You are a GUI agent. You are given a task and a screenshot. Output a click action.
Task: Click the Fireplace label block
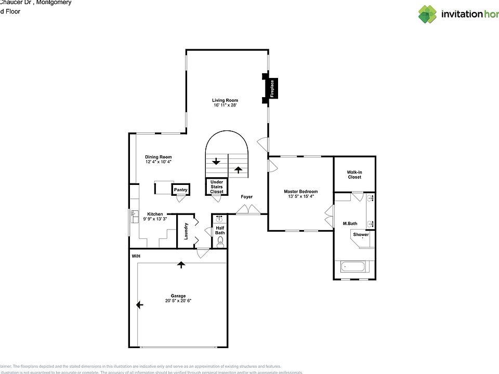(x=271, y=88)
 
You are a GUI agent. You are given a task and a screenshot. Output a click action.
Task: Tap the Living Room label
(x=225, y=100)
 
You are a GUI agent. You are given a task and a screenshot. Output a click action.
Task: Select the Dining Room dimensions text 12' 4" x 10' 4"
(x=159, y=162)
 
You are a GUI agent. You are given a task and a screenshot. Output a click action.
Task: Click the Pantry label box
(x=180, y=190)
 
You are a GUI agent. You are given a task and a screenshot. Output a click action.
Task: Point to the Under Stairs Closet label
(x=217, y=186)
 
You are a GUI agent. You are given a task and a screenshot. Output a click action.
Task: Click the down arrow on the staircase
(x=216, y=161)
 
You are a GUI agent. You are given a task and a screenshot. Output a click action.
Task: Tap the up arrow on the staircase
(x=239, y=169)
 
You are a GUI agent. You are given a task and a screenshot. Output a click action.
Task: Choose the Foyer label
(x=246, y=197)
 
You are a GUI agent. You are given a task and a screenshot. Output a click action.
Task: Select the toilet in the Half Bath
(x=220, y=242)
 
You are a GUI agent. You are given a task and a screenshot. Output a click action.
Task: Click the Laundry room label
(x=186, y=231)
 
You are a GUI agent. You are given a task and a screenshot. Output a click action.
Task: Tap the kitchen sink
(x=134, y=215)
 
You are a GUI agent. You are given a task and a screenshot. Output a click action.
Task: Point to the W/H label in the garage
(x=136, y=257)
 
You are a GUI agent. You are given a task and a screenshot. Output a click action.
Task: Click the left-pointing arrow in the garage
(x=139, y=305)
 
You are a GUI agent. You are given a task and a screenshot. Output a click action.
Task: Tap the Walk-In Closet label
(x=354, y=175)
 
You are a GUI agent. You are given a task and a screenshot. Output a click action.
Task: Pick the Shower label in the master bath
(x=361, y=235)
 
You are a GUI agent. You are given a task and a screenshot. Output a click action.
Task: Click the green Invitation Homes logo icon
(x=428, y=14)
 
